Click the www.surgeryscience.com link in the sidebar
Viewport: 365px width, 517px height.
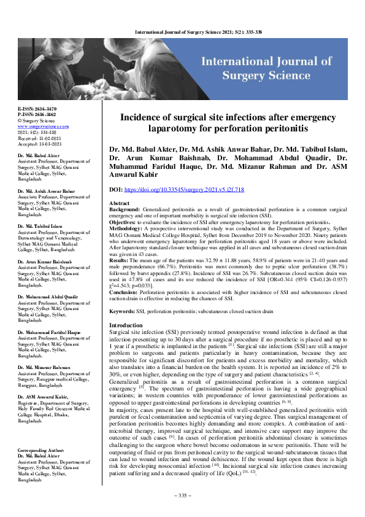[37, 125]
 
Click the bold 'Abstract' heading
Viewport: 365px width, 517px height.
[119, 203]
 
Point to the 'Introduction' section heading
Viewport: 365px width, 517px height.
[125, 325]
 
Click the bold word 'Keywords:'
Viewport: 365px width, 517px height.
[121, 312]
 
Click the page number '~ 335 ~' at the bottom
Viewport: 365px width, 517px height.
[182, 495]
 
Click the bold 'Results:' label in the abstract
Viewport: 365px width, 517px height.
[119, 260]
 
